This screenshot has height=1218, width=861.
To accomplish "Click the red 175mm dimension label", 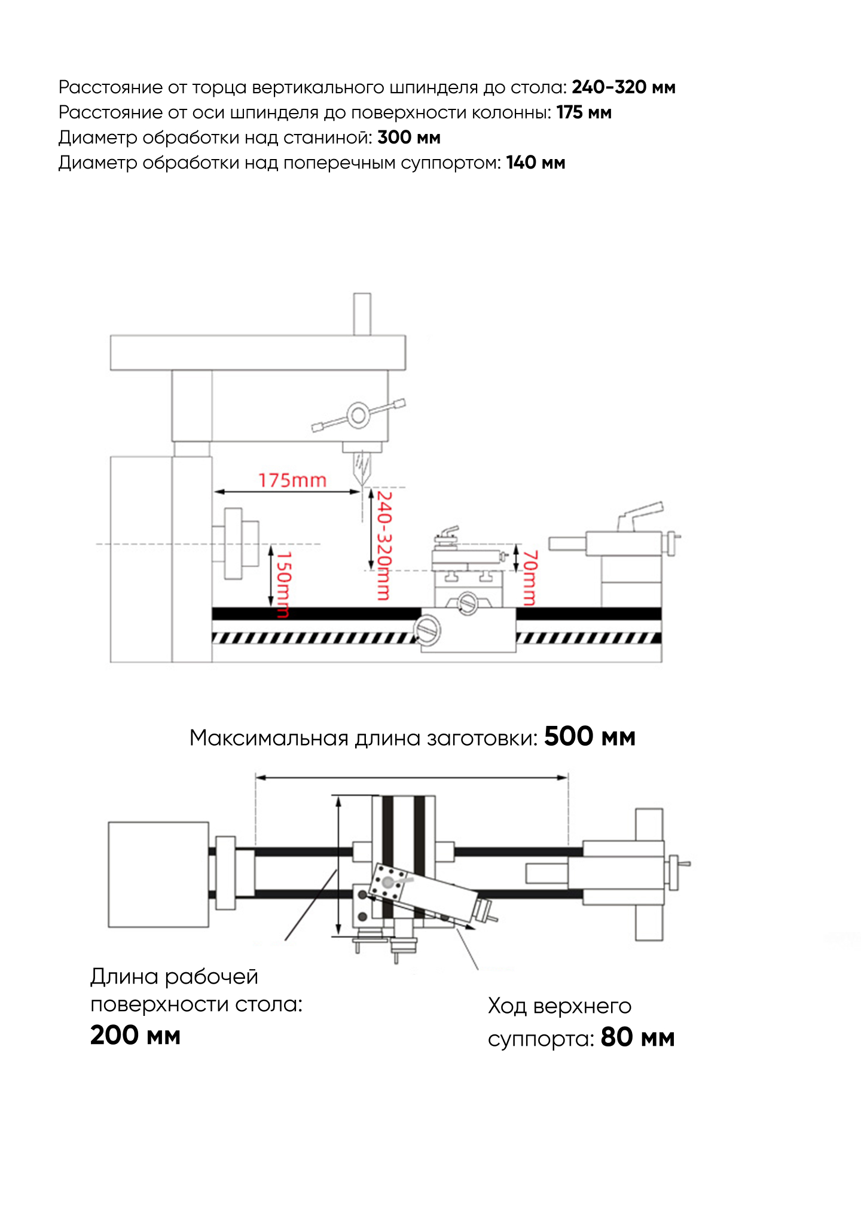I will (292, 480).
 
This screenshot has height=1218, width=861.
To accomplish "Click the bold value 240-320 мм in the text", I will (623, 87).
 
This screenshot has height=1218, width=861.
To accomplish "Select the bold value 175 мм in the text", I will (584, 112).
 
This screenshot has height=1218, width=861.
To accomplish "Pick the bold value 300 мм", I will (409, 138).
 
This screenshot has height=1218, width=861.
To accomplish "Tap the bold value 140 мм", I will (535, 163).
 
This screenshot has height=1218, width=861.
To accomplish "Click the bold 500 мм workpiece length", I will (589, 737).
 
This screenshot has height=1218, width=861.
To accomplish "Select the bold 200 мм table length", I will (135, 1035).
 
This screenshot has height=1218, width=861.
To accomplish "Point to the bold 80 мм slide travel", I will (637, 1037).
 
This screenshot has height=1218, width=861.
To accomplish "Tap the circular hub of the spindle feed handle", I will (358, 415).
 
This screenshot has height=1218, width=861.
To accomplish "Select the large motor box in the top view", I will (158, 874).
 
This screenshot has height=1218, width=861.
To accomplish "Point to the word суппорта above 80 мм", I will (540, 1039).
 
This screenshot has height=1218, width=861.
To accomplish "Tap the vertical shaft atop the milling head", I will (362, 314).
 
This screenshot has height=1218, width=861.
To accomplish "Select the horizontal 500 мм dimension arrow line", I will (411, 777).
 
